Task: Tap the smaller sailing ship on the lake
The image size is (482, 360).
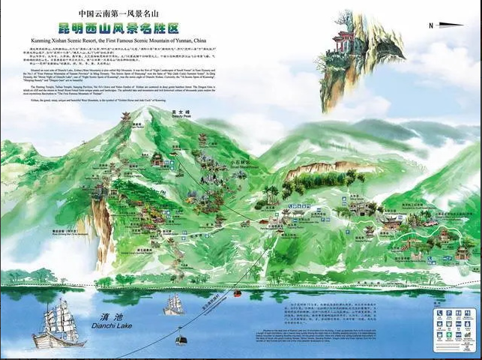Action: point(174,304)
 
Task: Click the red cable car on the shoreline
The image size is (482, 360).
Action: point(239,292)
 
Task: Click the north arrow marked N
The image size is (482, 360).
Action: point(439,25)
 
